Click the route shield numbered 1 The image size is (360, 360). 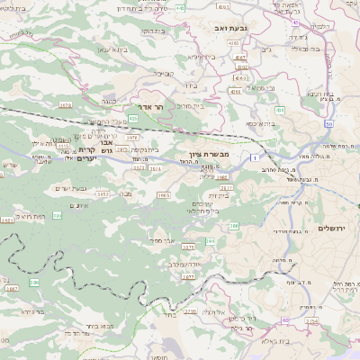coord(267,158)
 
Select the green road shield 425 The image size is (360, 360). coord(133,118)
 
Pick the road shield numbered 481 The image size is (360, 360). coord(280,110)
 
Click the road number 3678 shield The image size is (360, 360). coord(65,105)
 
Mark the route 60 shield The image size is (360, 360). coord(285,320)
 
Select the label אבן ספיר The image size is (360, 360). coord(158,241)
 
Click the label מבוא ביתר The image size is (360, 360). coord(88,328)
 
